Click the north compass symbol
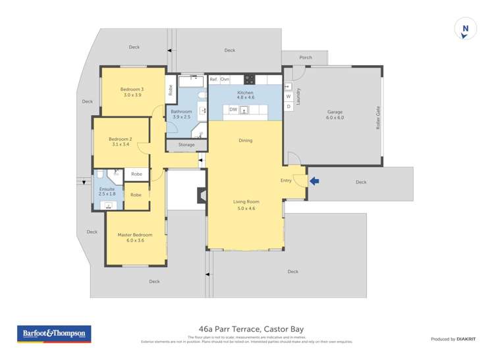coord(465,29)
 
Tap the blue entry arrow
coord(314,181)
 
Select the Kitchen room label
coord(245,93)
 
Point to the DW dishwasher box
coord(233,109)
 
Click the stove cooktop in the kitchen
coord(250,80)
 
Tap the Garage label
coord(335,112)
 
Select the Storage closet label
coord(186,144)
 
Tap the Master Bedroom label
coord(135,235)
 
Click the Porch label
coord(306,57)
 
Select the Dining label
coord(245,140)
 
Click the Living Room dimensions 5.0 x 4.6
coord(246,208)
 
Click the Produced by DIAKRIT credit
coord(453,339)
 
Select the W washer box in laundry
coord(288,96)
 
